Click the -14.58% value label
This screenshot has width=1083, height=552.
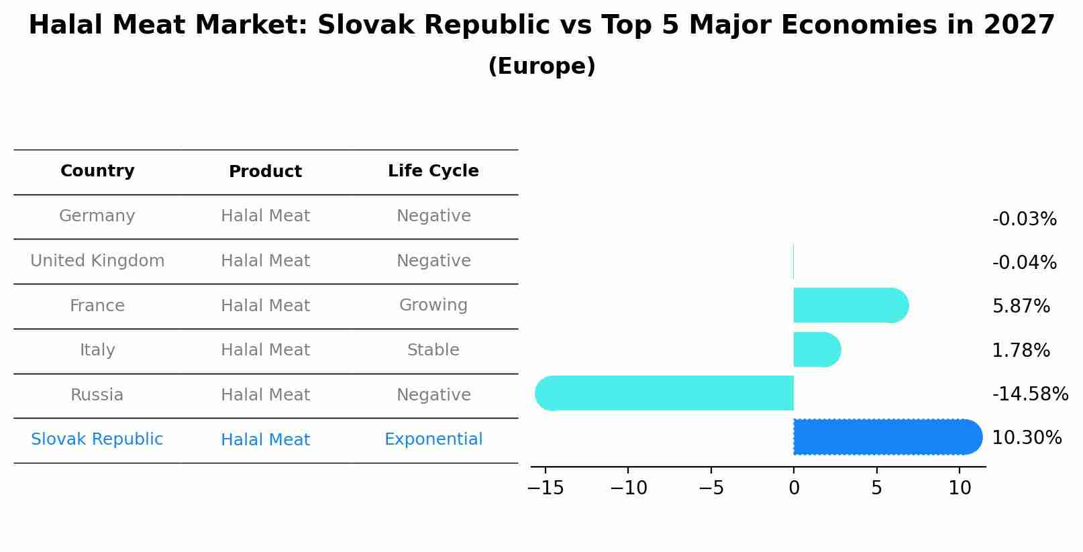1029,394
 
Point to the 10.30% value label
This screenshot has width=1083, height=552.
1026,438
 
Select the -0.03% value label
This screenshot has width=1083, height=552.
1024,219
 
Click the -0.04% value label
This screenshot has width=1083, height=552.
1024,262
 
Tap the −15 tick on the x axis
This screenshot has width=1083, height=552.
546,488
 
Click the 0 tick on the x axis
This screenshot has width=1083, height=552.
794,488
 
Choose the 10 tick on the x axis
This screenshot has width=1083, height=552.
960,488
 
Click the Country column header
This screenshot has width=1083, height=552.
97,171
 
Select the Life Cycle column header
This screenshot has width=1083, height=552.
433,171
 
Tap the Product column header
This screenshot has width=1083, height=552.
265,172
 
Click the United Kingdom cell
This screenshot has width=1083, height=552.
97,261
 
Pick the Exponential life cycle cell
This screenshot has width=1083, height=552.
433,439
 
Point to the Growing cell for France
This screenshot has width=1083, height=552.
433,305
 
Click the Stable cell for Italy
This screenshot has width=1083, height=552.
433,350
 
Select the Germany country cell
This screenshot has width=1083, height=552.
97,216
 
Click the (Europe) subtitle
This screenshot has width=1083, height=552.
541,66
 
